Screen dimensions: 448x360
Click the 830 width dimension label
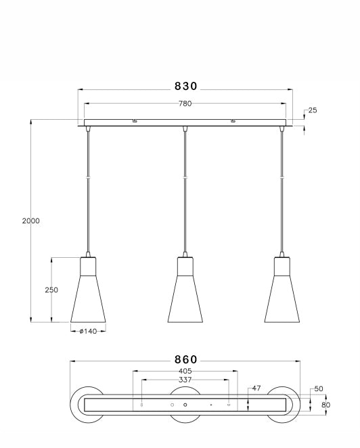(185, 86)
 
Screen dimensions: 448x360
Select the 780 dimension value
(185, 104)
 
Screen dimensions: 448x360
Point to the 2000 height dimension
(30, 221)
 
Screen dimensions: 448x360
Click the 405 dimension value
(185, 371)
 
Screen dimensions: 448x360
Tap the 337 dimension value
(185, 380)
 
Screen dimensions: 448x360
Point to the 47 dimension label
(256, 388)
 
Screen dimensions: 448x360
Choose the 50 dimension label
(318, 390)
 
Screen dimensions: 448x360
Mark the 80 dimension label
(325, 405)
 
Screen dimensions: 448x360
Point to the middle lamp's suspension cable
(185, 189)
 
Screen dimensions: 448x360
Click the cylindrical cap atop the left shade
(89, 265)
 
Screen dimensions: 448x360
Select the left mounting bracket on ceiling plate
(135, 122)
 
